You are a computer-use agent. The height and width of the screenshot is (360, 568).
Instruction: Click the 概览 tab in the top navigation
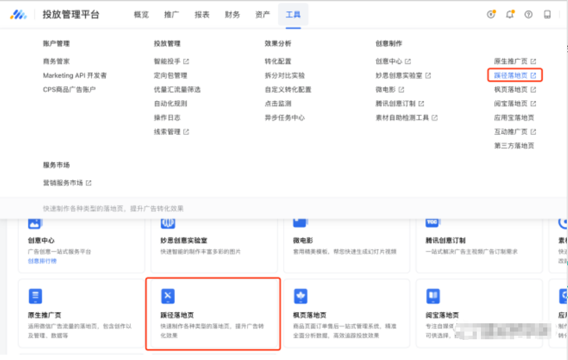pos(141,15)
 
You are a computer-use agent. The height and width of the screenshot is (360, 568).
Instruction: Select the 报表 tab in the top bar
pos(202,15)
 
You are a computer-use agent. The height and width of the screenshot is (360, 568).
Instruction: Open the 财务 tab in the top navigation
pos(232,15)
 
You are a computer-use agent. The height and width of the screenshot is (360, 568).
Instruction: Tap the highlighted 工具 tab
pos(293,15)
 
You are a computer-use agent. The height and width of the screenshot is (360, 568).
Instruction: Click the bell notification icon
pos(509,15)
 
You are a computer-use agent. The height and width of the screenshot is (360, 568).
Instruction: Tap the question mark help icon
pos(528,15)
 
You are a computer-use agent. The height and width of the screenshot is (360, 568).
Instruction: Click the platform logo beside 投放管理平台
pos(18,15)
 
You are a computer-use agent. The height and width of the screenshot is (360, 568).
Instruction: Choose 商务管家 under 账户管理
pos(56,61)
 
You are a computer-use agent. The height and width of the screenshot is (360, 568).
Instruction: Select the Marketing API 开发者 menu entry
pos(75,75)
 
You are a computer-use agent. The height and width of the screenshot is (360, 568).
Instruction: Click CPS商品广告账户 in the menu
pos(69,89)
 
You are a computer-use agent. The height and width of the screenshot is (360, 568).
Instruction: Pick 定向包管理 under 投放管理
pos(170,75)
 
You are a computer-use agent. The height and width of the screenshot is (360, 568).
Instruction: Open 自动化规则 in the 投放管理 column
pos(170,103)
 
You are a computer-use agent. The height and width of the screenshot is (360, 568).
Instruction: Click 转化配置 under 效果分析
pos(278,61)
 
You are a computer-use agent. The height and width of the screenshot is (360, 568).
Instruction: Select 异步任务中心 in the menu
pos(284,117)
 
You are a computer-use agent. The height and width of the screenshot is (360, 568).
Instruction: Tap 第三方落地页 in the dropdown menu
pos(514,146)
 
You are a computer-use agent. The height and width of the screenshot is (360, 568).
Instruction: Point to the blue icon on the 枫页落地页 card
pos(301,296)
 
